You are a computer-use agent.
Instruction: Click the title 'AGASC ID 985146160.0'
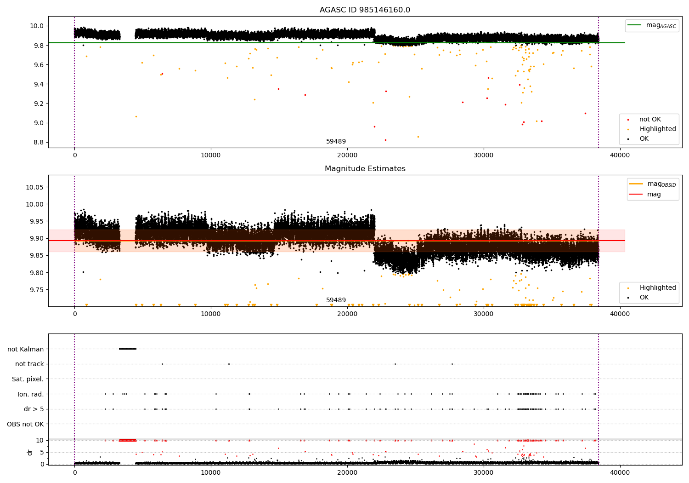click(365, 10)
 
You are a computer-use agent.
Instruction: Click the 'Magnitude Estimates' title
click(365, 169)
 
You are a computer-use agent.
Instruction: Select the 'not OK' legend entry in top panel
click(650, 120)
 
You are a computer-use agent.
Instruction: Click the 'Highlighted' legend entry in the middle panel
click(657, 288)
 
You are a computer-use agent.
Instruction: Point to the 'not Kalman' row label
click(25, 349)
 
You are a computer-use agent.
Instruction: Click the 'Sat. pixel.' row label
click(28, 379)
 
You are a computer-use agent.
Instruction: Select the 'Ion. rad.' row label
click(30, 394)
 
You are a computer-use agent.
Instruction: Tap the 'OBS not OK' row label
click(25, 424)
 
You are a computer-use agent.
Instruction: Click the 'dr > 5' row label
click(34, 409)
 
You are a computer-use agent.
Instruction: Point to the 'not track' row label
click(29, 364)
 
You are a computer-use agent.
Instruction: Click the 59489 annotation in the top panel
click(336, 142)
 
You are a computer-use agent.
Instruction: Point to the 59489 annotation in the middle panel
click(336, 300)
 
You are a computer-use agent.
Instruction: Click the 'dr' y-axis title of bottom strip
click(30, 452)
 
